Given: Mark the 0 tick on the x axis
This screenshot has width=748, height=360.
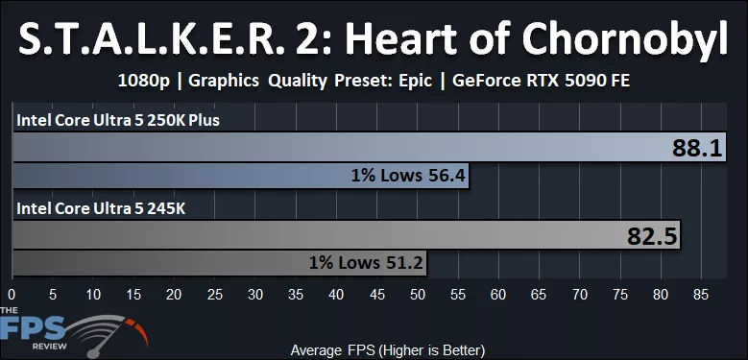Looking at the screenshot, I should click(x=12, y=292).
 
